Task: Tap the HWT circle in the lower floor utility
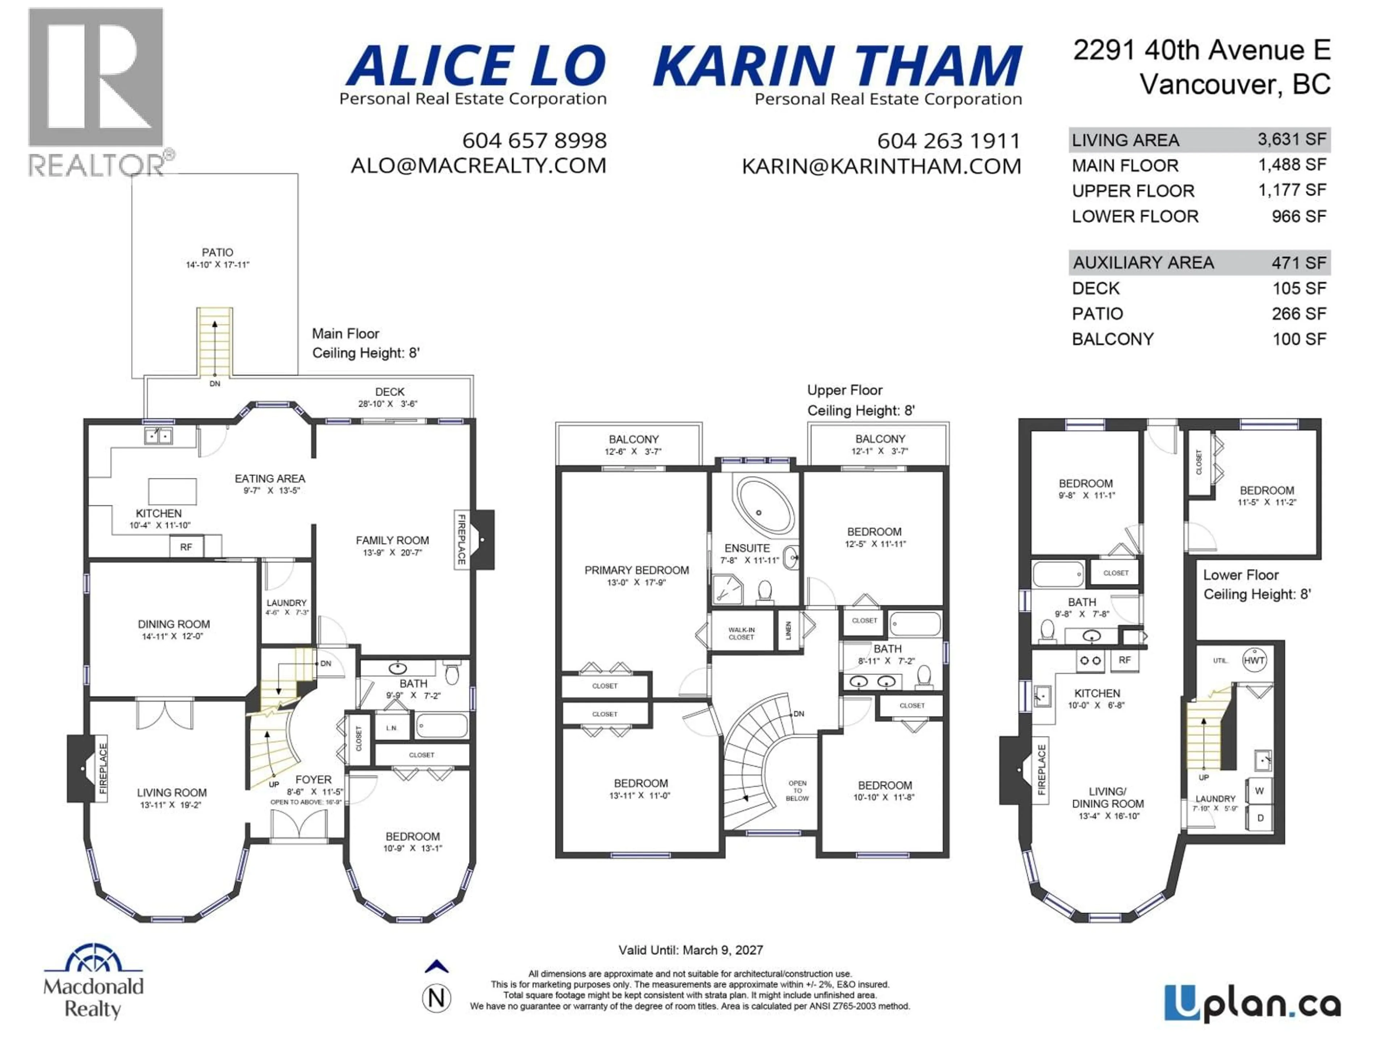pyautogui.click(x=1254, y=660)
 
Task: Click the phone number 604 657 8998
pyautogui.click(x=534, y=140)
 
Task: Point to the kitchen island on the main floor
pyautogui.click(x=172, y=491)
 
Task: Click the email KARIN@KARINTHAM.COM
pyautogui.click(x=881, y=167)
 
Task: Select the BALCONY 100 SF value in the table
pyautogui.click(x=1298, y=339)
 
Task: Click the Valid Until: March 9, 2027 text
pyautogui.click(x=691, y=950)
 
